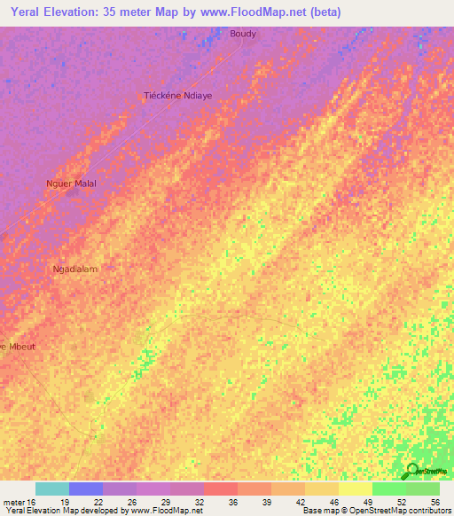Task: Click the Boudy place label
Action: (x=243, y=34)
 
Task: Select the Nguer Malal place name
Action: (x=71, y=184)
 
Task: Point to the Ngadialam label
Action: (x=75, y=269)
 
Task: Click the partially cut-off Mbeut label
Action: (x=17, y=346)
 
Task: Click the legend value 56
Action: (x=434, y=502)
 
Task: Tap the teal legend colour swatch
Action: (x=52, y=489)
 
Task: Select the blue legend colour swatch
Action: (x=86, y=489)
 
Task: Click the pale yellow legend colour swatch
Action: (x=355, y=489)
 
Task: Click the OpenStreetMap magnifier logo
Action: (x=411, y=471)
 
